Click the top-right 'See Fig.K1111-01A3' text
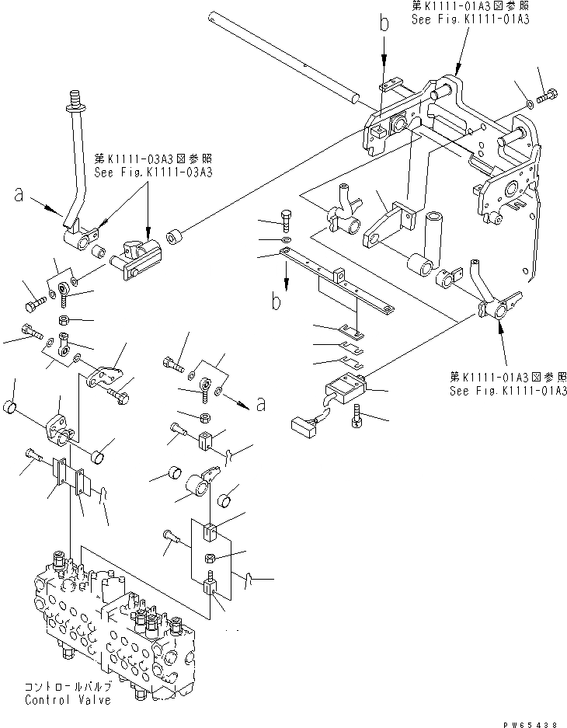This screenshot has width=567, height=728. click(470, 19)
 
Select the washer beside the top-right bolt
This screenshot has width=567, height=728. click(528, 101)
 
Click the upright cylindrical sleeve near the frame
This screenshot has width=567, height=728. click(430, 234)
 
